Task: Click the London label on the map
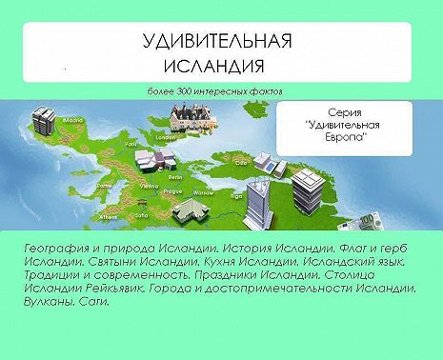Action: pos(161,137)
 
